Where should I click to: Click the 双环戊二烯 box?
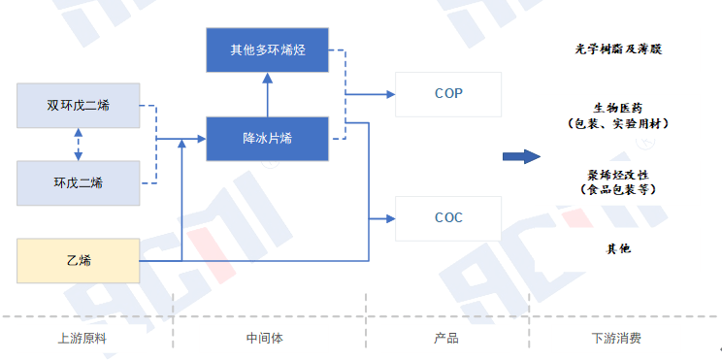tap(79, 106)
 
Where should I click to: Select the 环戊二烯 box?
tap(79, 182)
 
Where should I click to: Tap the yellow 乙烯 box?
tap(79, 260)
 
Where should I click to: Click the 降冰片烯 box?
tap(268, 139)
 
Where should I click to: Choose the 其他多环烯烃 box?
tap(268, 49)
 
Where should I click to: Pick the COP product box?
tap(448, 94)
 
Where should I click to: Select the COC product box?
tap(448, 217)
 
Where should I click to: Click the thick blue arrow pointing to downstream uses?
tap(520, 156)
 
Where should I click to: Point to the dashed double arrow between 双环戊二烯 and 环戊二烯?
tap(79, 145)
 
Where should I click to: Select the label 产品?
tap(446, 339)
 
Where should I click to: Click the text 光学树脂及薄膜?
tap(618, 48)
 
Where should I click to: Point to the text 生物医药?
tap(618, 107)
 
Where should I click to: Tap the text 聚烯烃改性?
tap(618, 175)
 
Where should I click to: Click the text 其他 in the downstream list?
tap(618, 249)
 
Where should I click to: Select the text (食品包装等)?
tap(618, 191)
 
